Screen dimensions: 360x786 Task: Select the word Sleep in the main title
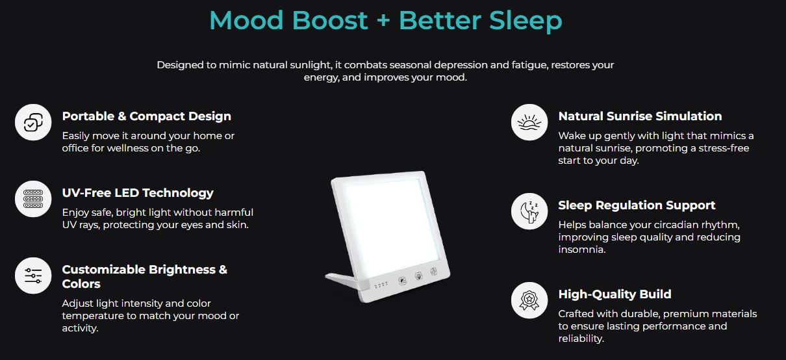click(527, 21)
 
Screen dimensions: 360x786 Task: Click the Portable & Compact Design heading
click(146, 116)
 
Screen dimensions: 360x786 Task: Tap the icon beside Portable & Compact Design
click(33, 122)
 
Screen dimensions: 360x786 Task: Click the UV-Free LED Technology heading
click(137, 193)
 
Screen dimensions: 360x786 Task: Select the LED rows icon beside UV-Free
click(33, 199)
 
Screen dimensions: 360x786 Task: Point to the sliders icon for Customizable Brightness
click(33, 276)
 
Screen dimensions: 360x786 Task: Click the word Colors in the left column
click(81, 284)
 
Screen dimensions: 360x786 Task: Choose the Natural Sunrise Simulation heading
click(640, 116)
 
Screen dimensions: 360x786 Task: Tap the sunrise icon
click(529, 122)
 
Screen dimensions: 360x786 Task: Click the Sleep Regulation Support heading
click(637, 205)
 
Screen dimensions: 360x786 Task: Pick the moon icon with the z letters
click(529, 211)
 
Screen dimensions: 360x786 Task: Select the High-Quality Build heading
click(615, 294)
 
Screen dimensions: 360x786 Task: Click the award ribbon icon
click(529, 300)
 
